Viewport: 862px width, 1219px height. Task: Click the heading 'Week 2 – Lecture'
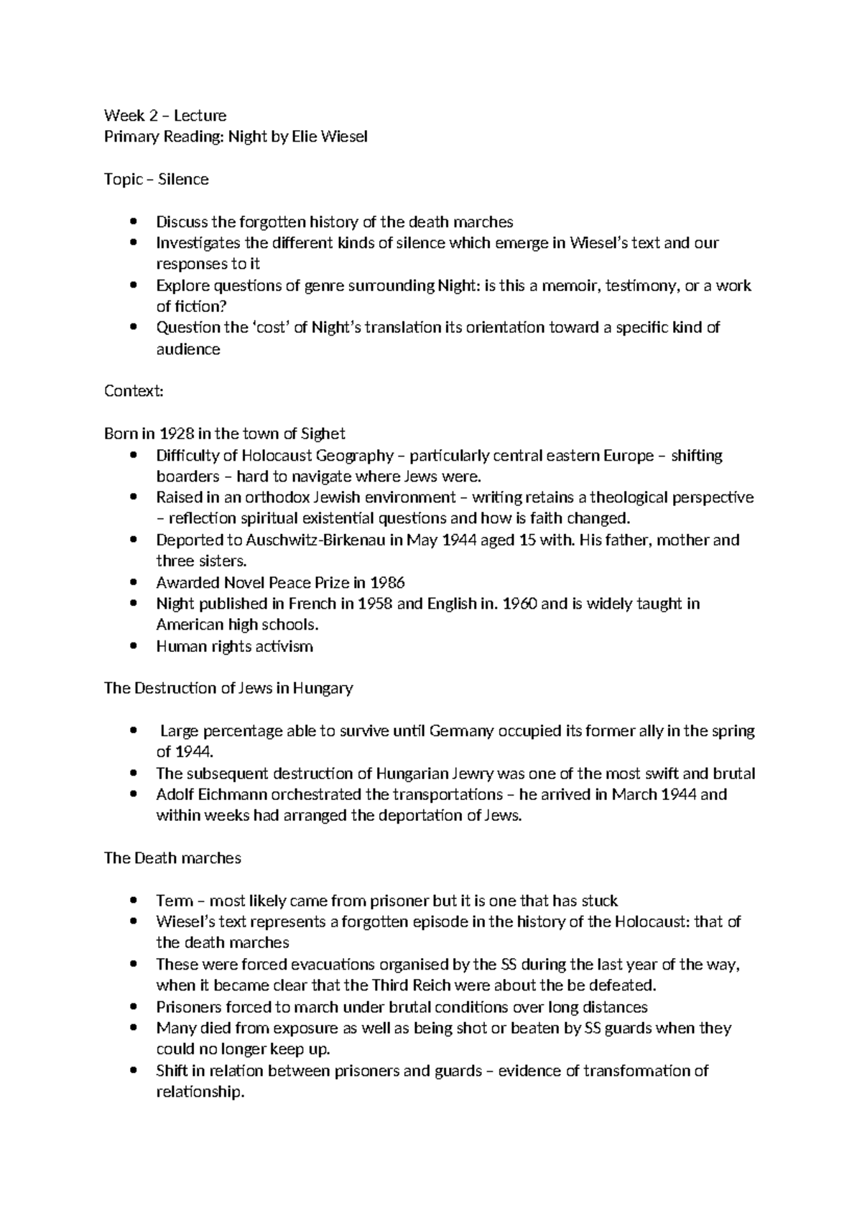(x=165, y=116)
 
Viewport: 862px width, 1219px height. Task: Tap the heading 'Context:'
(x=134, y=391)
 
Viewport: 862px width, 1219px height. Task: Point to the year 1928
(x=176, y=433)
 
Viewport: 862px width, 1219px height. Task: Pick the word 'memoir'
(x=565, y=285)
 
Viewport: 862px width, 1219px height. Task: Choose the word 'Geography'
(x=356, y=455)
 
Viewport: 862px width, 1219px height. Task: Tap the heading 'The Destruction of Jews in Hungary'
(x=228, y=689)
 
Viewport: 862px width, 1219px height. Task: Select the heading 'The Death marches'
(x=172, y=858)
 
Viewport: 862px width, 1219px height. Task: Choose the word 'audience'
(x=188, y=350)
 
